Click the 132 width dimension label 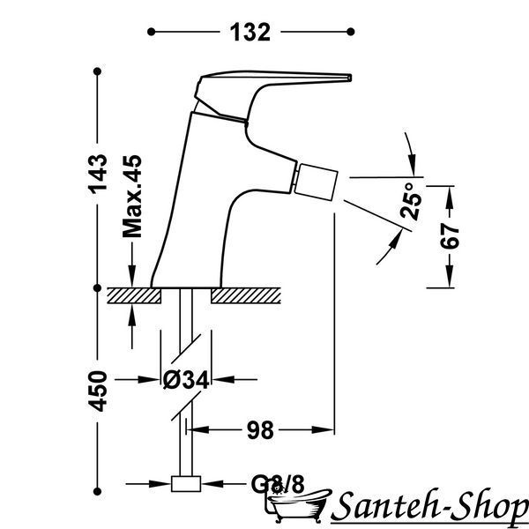pyautogui.click(x=250, y=33)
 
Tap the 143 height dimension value pyautogui.click(x=98, y=174)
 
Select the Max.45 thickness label pyautogui.click(x=132, y=197)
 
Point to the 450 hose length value pyautogui.click(x=98, y=391)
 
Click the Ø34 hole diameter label pyautogui.click(x=186, y=379)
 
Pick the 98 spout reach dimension pyautogui.click(x=260, y=430)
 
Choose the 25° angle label pyautogui.click(x=411, y=201)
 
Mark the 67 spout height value pyautogui.click(x=450, y=236)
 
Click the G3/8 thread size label pyautogui.click(x=278, y=484)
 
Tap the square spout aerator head pyautogui.click(x=316, y=183)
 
